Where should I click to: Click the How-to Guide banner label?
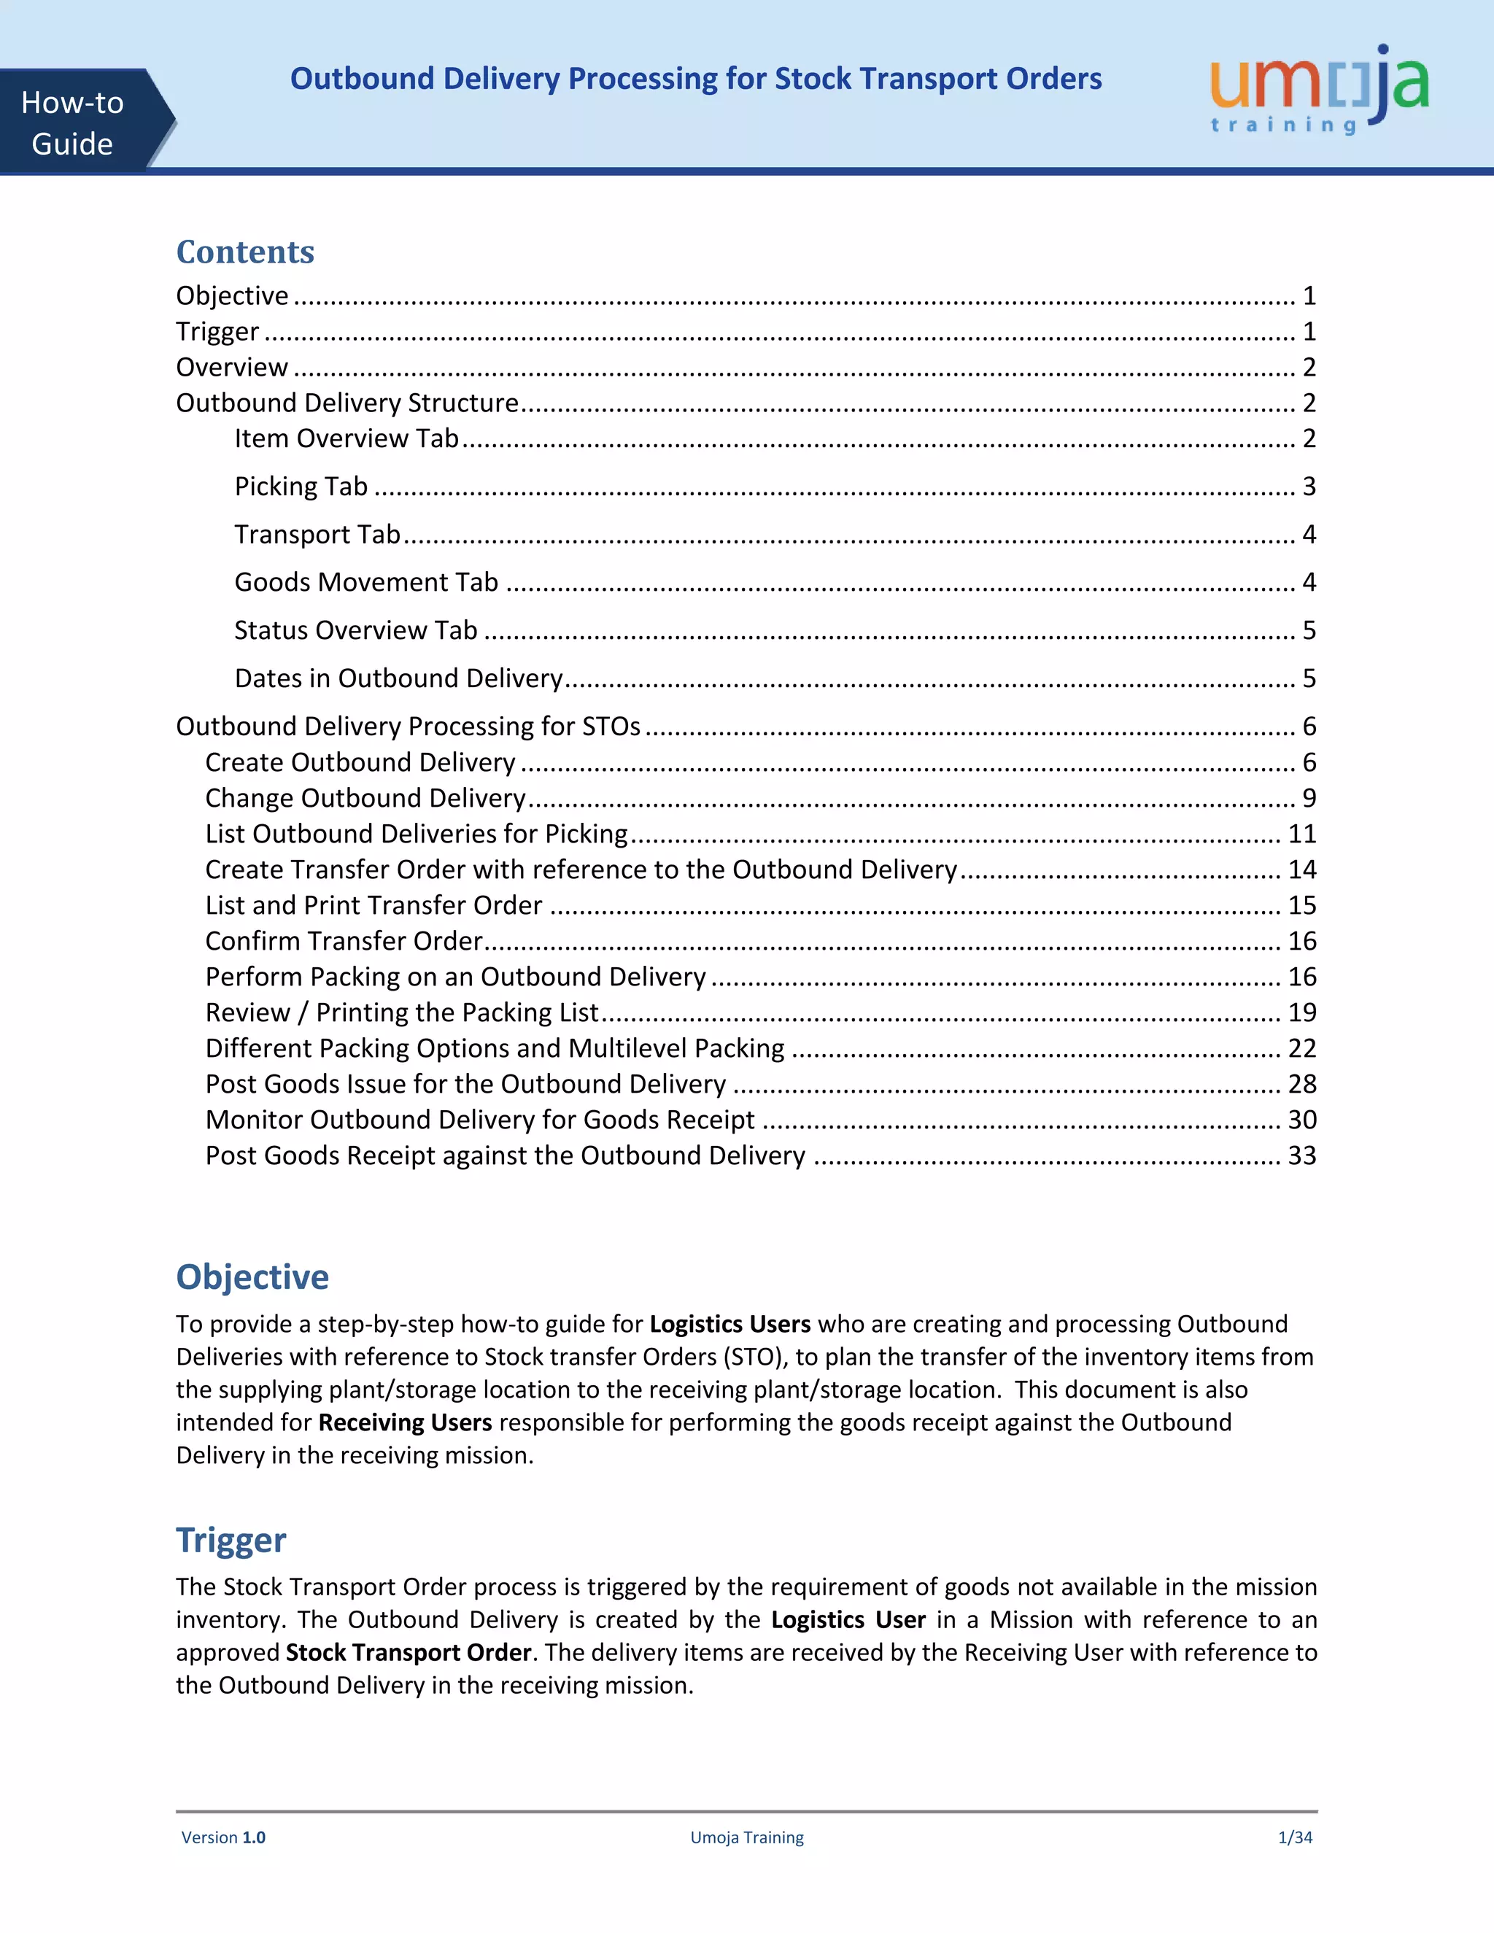(x=72, y=123)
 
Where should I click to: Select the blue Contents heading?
(x=245, y=252)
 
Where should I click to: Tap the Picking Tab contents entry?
(x=301, y=486)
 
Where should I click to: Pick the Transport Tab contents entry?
(x=317, y=534)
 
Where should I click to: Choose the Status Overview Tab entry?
(x=356, y=630)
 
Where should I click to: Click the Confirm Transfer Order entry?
(x=344, y=941)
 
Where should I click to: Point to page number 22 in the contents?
(x=1302, y=1048)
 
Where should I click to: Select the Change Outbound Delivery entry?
(x=365, y=798)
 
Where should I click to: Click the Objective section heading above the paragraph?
(x=252, y=1277)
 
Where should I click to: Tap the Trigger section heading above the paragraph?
(x=231, y=1539)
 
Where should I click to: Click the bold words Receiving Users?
(x=404, y=1422)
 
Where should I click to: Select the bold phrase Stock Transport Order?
(x=408, y=1651)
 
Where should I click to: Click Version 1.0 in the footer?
(x=223, y=1837)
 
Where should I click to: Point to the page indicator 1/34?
(x=1295, y=1837)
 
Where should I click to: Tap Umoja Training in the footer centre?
(x=746, y=1837)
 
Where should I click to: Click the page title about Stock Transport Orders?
(x=696, y=79)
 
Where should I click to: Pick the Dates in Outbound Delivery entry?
(x=398, y=678)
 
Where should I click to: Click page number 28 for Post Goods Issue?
(x=1302, y=1084)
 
